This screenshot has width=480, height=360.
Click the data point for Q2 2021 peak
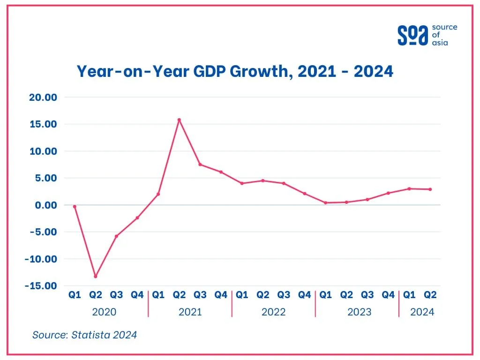[179, 120]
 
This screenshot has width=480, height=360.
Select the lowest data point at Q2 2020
[96, 276]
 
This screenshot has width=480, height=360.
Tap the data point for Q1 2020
[75, 206]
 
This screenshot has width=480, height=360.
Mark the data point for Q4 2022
[305, 194]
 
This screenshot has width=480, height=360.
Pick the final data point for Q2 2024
[430, 189]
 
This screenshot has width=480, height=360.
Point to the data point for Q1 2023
[325, 202]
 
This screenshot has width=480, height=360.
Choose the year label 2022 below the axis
[273, 312]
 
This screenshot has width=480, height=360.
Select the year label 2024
[422, 312]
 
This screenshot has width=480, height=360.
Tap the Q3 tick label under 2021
[200, 295]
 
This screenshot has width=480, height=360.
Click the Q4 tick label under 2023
[388, 295]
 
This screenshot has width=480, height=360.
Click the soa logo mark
[412, 35]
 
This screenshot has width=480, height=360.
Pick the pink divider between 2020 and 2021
[148, 303]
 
